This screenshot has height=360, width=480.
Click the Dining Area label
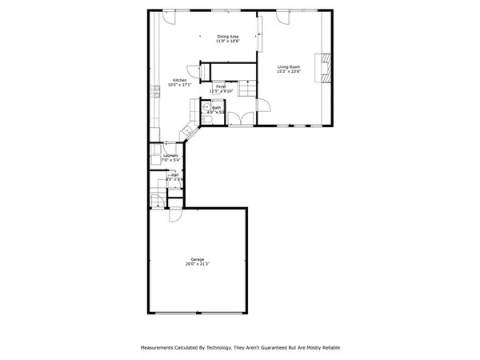pyautogui.click(x=228, y=36)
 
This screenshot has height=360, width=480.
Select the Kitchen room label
pyautogui.click(x=180, y=80)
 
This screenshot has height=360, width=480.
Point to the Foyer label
pyautogui.click(x=220, y=86)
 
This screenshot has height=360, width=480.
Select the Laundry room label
pyautogui.click(x=170, y=156)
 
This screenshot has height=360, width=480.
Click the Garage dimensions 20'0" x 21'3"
pyautogui.click(x=197, y=264)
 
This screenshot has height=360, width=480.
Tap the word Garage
pyautogui.click(x=197, y=259)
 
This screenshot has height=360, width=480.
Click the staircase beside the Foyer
pyautogui.click(x=246, y=90)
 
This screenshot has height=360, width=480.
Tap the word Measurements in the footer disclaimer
pyautogui.click(x=164, y=349)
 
